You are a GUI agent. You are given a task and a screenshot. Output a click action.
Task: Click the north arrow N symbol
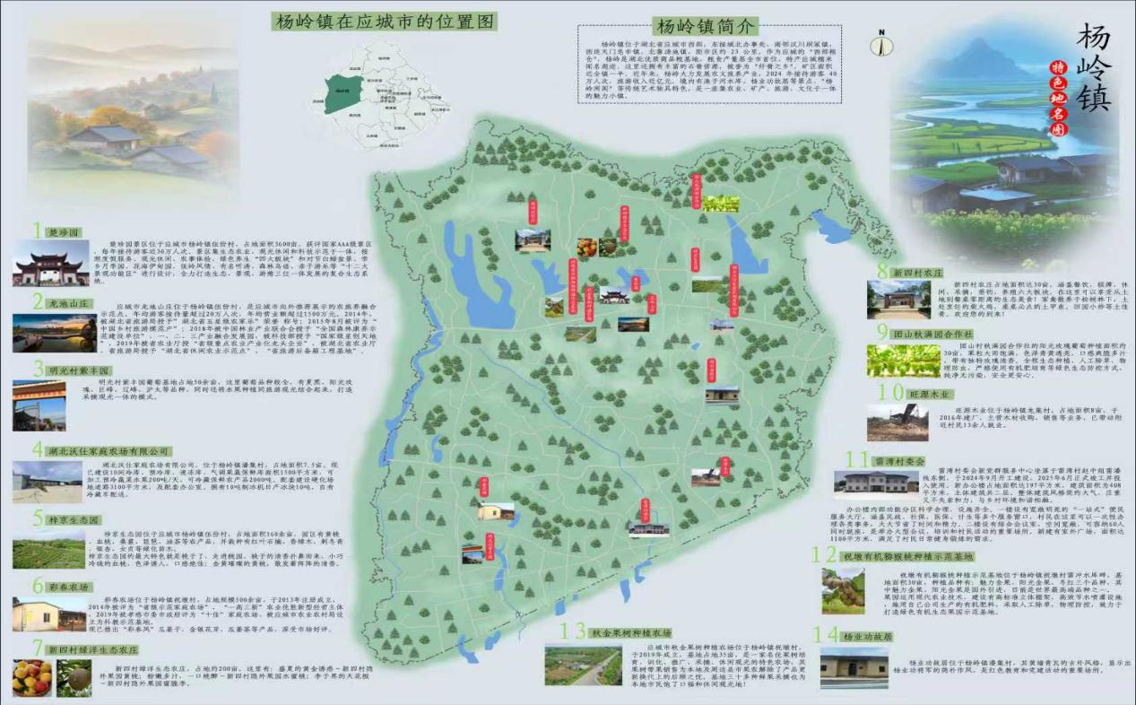coord(881,41)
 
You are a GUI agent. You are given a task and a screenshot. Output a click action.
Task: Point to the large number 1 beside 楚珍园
coord(38,231)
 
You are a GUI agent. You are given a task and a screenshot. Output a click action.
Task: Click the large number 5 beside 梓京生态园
coord(38,518)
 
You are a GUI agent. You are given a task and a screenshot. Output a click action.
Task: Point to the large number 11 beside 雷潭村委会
coord(857,459)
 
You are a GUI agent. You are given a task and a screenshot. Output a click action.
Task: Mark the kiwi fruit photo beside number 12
coord(844,591)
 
